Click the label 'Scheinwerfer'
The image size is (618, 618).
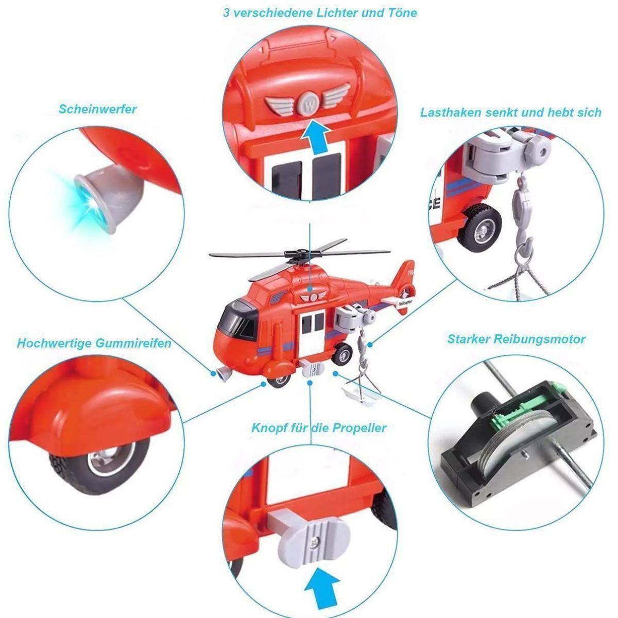pyautogui.click(x=97, y=109)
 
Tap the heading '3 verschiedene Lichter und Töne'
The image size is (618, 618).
pyautogui.click(x=320, y=13)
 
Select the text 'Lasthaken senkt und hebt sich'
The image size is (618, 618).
pyautogui.click(x=510, y=112)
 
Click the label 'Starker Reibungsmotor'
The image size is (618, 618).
pyautogui.click(x=516, y=339)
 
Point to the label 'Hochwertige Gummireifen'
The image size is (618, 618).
pyautogui.click(x=94, y=343)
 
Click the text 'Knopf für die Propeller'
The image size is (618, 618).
pyautogui.click(x=319, y=428)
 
